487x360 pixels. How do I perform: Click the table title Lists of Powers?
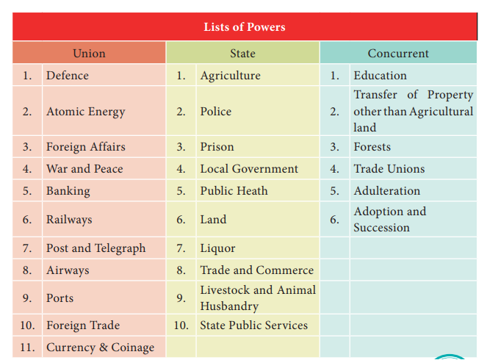click(244, 28)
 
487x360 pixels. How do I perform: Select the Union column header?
click(89, 54)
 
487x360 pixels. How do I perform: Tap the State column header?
click(242, 54)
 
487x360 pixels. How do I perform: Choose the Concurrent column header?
click(398, 54)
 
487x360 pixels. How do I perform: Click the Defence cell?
click(68, 76)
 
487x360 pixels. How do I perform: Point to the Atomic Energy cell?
click(85, 112)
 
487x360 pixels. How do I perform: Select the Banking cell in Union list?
click(68, 191)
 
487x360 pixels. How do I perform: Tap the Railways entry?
click(69, 220)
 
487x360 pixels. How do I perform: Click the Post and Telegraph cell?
click(95, 248)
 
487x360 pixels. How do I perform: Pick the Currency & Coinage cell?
click(100, 348)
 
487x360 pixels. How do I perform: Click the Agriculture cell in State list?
click(230, 76)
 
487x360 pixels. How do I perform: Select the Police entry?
click(215, 112)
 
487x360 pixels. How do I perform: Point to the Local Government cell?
click(249, 169)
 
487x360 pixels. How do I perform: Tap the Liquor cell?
click(217, 248)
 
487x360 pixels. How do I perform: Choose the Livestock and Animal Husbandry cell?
click(257, 298)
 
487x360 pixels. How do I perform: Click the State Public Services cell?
click(253, 325)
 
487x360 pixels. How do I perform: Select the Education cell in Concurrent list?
click(380, 76)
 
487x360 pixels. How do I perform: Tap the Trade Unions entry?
click(389, 169)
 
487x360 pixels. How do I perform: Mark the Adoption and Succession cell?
click(389, 220)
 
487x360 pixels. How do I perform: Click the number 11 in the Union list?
click(27, 348)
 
